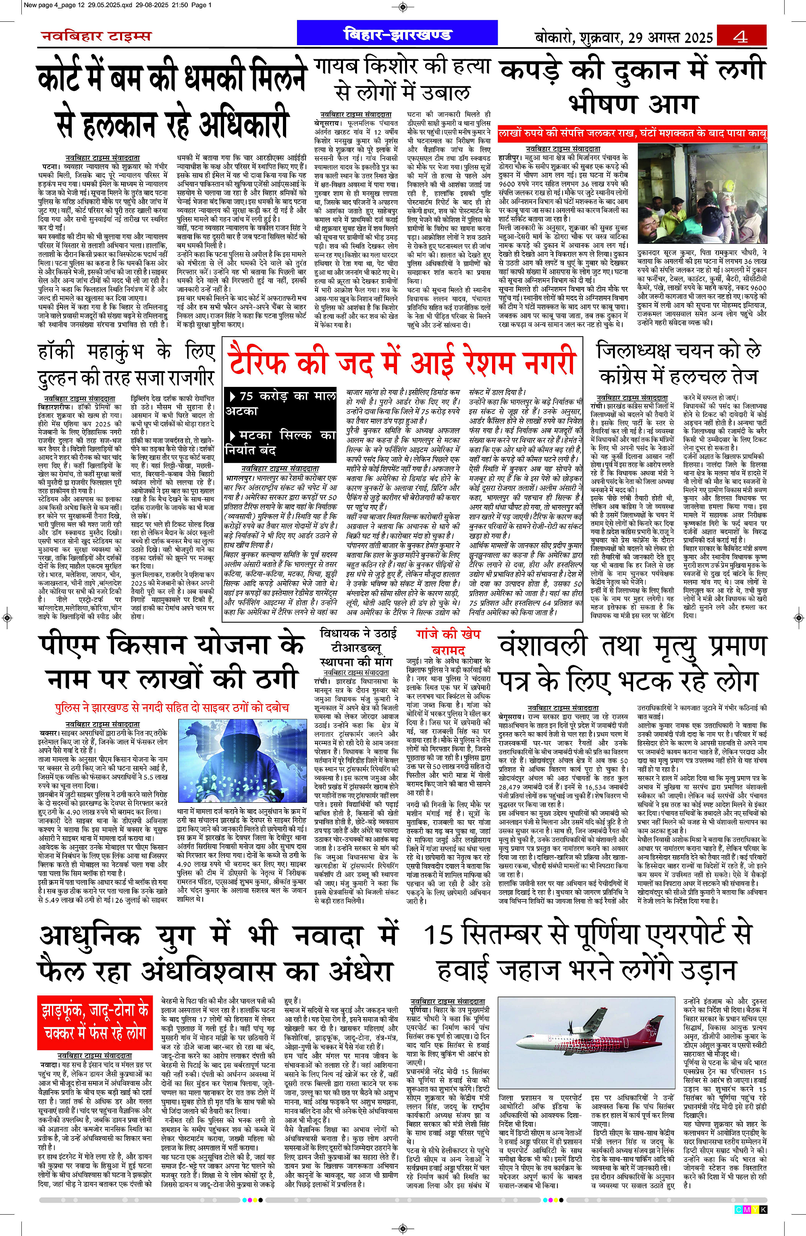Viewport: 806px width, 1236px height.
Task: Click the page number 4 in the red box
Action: pos(741,37)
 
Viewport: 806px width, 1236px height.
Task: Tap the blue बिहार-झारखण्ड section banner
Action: pos(397,34)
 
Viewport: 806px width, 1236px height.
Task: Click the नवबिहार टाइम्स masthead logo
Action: pos(96,36)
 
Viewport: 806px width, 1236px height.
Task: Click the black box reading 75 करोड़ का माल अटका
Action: pos(280,403)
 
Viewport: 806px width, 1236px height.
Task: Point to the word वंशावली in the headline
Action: pos(543,646)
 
